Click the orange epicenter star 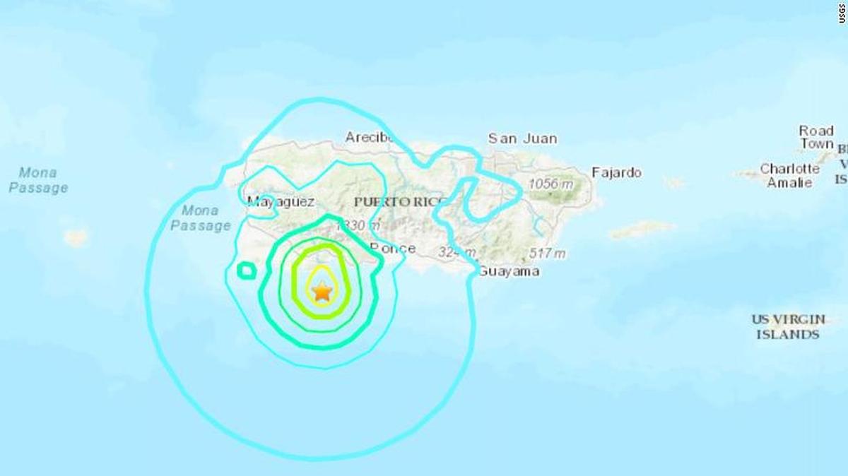click(322, 290)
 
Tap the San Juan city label click(522, 139)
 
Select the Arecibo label click(369, 137)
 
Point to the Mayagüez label click(281, 202)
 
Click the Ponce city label click(393, 248)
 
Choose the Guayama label click(509, 271)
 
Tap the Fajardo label click(616, 172)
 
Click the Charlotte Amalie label click(789, 176)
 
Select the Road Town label click(816, 137)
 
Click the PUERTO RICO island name click(400, 202)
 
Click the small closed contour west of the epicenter click(245, 270)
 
